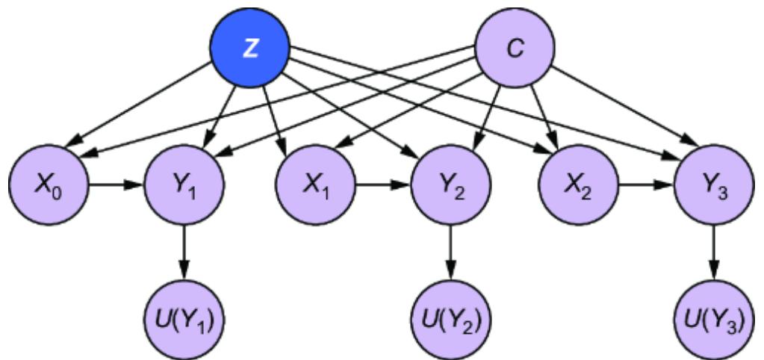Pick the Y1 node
click(183, 183)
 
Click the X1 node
click(316, 183)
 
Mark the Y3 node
click(715, 183)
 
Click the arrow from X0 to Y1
click(116, 184)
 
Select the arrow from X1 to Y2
click(382, 184)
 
